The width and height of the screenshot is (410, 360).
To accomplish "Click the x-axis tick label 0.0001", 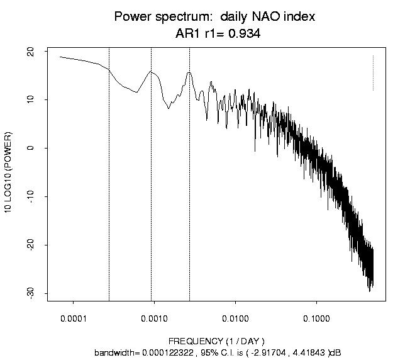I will tap(73, 318).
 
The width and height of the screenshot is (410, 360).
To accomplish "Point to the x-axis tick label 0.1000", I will tap(316, 318).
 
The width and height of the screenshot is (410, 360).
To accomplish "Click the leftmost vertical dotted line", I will tap(109, 189).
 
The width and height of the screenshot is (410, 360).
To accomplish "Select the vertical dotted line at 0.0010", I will tap(151, 189).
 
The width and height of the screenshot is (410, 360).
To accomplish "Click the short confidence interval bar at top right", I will tap(373, 72).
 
